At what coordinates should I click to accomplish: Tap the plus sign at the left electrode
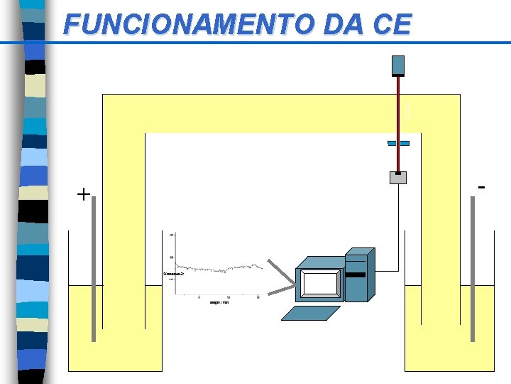[84, 193]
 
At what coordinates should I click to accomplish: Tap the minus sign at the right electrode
[482, 188]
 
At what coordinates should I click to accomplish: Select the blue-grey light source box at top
[398, 65]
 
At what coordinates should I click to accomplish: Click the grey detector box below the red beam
[398, 178]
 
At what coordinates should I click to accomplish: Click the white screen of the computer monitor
[320, 284]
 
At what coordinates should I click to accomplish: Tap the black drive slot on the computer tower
[355, 274]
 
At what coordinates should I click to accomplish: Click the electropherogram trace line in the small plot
[220, 270]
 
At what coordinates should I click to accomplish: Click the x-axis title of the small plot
[219, 302]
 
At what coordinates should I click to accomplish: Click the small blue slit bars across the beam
[398, 143]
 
